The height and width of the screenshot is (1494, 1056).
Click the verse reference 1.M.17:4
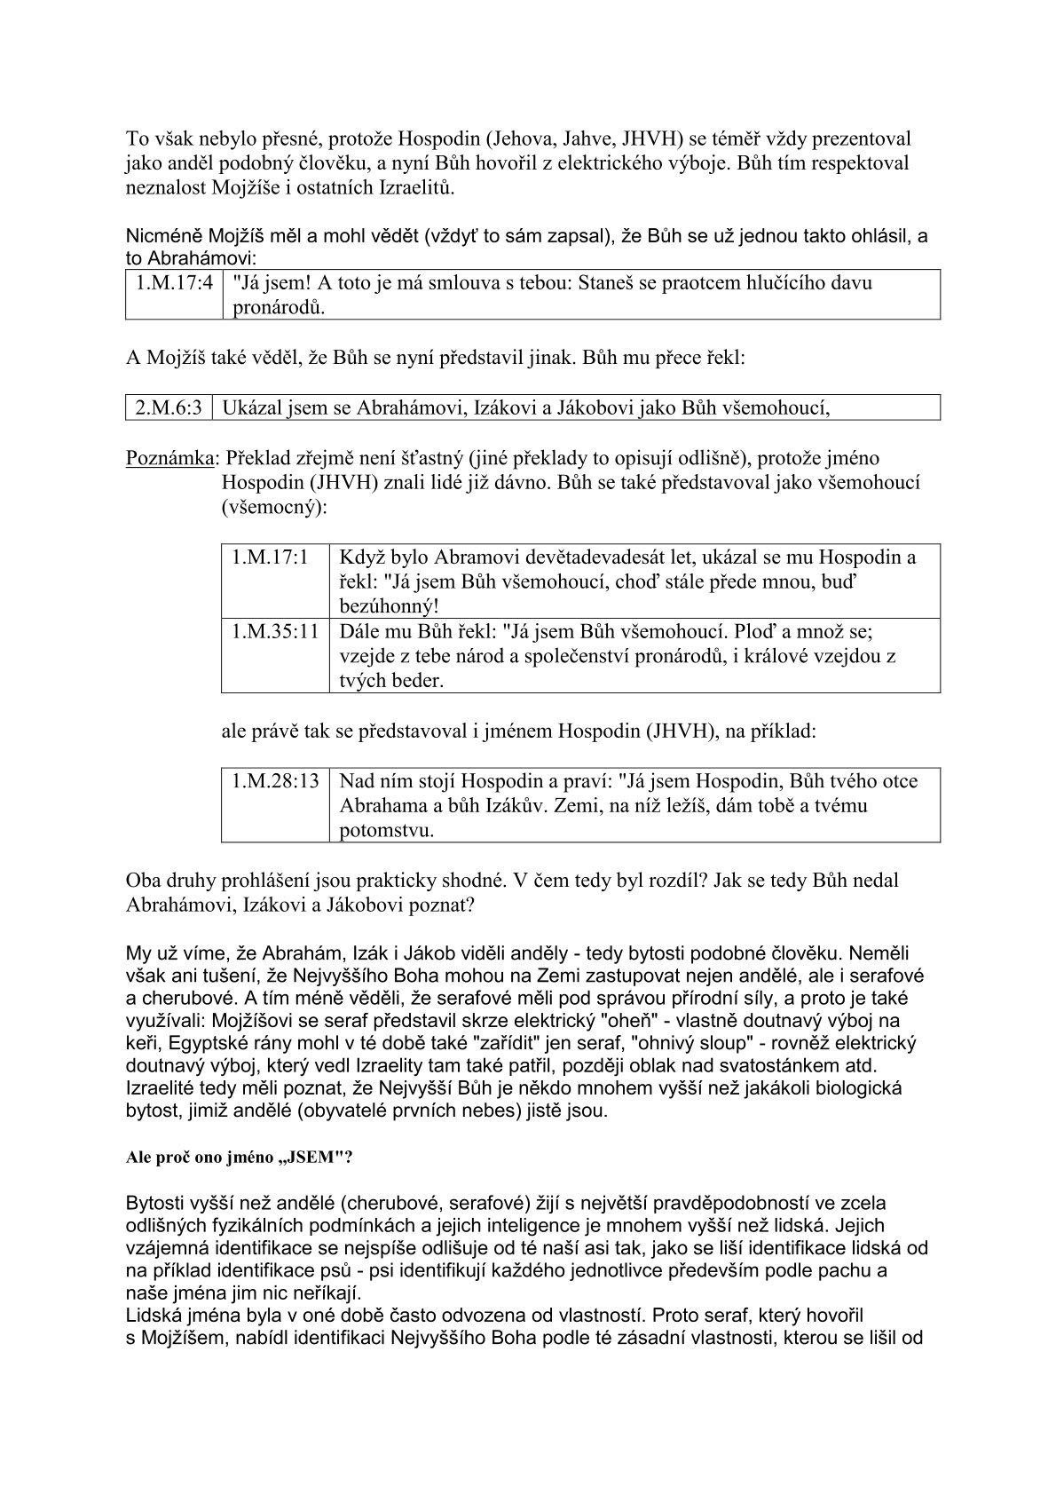tap(174, 283)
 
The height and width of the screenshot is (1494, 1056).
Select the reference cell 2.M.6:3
tap(169, 407)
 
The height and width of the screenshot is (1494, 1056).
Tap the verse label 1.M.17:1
tap(270, 557)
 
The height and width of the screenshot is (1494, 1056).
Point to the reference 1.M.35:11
tap(275, 632)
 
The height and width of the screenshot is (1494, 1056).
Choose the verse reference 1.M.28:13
tap(275, 781)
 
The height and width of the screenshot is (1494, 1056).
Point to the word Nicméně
tap(164, 237)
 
